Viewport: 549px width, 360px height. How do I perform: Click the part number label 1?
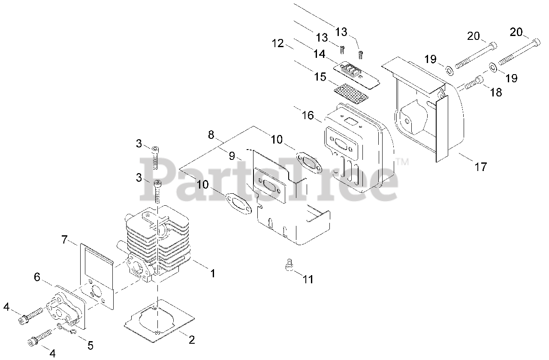click(212, 273)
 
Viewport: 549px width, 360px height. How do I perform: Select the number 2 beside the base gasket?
click(192, 340)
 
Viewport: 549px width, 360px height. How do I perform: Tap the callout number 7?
click(65, 240)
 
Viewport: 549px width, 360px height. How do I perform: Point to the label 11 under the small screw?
click(308, 279)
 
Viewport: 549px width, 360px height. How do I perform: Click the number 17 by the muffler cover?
click(481, 166)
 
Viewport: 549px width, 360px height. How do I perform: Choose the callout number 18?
click(496, 92)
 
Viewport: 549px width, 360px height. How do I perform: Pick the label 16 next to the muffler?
click(308, 115)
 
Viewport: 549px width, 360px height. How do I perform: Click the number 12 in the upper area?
click(278, 43)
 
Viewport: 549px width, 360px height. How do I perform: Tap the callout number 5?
click(90, 345)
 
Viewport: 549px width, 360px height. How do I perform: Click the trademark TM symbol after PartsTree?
click(402, 162)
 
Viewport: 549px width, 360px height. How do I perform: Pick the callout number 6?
click(38, 277)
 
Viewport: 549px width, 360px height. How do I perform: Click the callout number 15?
click(320, 77)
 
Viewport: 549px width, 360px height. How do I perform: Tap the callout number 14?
click(319, 54)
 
